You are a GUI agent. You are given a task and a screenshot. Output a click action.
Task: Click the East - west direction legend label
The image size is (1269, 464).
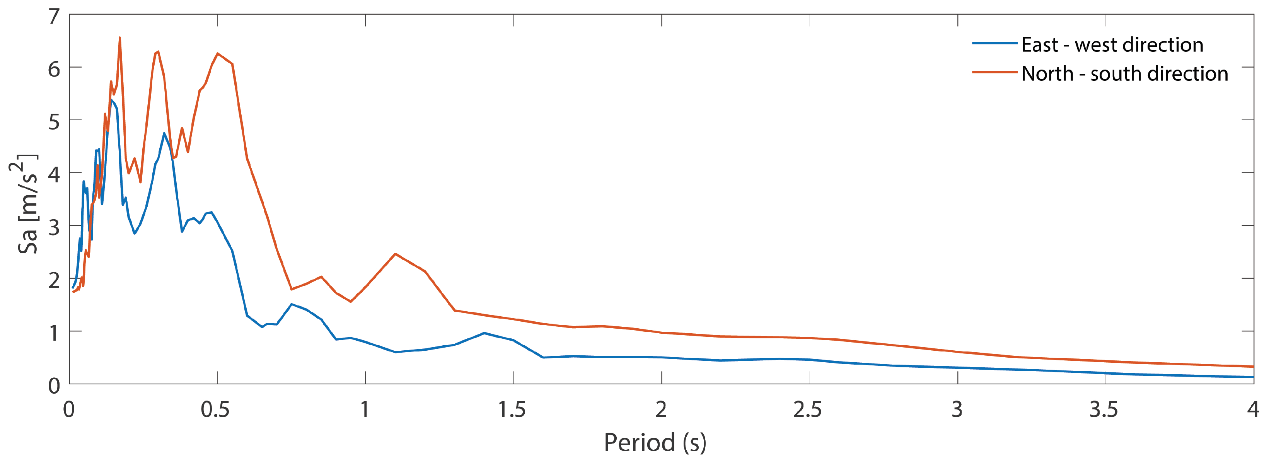tap(1112, 45)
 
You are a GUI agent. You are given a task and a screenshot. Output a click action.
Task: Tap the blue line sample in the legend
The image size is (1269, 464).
tap(994, 44)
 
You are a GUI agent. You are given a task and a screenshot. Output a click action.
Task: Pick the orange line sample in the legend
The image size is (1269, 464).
tap(994, 72)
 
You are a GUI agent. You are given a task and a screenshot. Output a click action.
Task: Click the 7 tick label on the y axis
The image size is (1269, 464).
tap(54, 17)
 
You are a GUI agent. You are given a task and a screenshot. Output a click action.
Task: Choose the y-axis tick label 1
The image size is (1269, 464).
tap(54, 333)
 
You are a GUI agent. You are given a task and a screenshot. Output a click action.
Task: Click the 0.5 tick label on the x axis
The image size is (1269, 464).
tap(215, 410)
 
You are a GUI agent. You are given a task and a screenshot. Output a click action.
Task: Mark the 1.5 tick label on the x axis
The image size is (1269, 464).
tap(512, 410)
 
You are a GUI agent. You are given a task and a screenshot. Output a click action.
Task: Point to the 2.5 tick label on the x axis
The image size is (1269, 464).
tap(807, 410)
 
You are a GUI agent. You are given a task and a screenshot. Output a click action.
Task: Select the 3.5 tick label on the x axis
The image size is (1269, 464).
tap(1104, 410)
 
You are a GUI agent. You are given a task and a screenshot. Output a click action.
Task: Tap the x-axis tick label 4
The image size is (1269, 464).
tap(1253, 410)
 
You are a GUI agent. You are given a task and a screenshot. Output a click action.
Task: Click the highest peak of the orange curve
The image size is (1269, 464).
tap(120, 38)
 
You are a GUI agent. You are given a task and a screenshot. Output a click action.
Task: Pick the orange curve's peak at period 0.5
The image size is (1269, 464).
tap(217, 53)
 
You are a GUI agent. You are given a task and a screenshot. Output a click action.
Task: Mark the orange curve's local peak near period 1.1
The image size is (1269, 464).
tap(395, 254)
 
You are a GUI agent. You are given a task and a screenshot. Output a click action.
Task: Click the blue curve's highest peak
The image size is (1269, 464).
tap(112, 100)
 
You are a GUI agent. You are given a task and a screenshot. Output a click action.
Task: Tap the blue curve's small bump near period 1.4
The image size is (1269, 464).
tap(484, 333)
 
